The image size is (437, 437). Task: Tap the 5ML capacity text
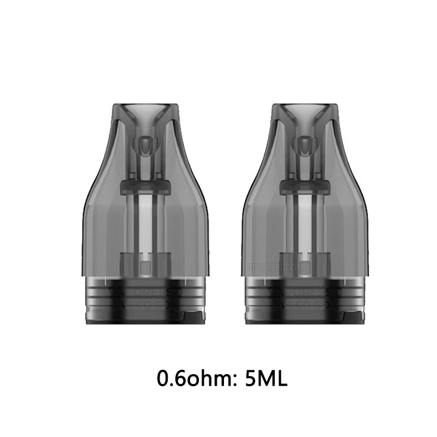pyautogui.click(x=265, y=379)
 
